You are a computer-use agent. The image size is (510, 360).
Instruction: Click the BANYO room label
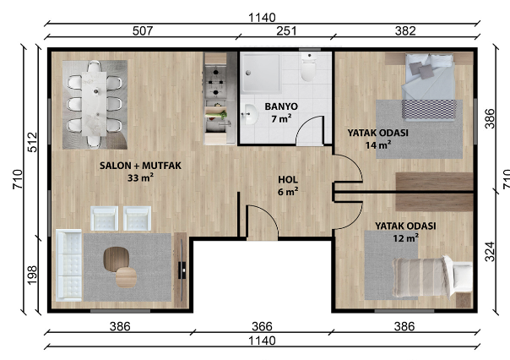281,106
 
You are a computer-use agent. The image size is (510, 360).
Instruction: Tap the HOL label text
288,180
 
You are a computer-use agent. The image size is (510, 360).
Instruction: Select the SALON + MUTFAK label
140,166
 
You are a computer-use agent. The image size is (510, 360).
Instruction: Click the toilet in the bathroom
308,67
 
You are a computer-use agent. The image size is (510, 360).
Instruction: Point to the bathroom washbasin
249,114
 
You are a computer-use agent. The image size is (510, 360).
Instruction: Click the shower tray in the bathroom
261,74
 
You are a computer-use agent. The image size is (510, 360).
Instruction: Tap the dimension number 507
143,31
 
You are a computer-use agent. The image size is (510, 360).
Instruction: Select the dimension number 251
286,31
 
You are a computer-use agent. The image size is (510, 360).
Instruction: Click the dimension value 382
405,31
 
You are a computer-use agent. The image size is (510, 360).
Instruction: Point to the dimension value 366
262,326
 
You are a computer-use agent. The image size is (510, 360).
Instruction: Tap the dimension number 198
32,275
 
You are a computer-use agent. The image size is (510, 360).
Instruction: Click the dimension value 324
490,252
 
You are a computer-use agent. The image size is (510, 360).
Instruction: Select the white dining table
94,103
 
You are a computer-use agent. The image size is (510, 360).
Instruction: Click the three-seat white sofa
69,265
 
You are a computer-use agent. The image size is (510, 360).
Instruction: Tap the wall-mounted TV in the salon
182,270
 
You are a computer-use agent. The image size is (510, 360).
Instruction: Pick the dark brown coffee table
117,259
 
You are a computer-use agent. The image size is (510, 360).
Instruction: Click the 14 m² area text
378,145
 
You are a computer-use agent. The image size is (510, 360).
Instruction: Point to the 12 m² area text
405,238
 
